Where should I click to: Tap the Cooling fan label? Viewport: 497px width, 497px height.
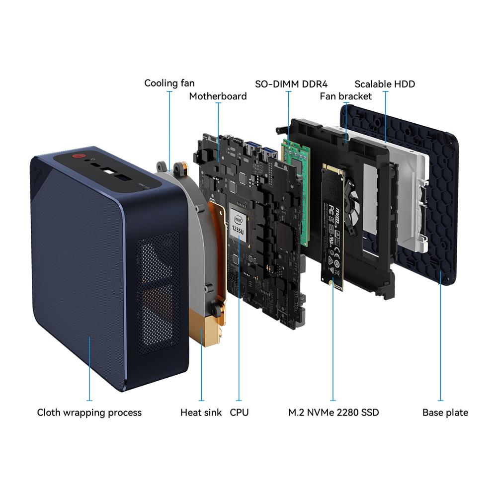pos(169,83)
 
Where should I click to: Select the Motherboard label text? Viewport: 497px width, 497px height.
pos(218,96)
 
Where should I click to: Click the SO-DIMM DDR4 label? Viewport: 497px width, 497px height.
pos(291,84)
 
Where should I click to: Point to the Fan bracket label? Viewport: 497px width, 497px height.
pos(345,96)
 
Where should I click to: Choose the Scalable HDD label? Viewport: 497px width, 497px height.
pos(385,84)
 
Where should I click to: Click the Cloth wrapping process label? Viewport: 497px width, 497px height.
pos(89,413)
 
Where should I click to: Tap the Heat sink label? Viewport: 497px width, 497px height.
pos(201,413)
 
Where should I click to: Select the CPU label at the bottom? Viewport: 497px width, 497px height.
pos(240,413)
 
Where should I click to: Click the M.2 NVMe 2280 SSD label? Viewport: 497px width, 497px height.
pos(333,413)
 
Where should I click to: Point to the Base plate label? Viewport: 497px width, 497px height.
pos(445,413)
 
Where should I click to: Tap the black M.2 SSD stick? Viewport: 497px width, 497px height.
pos(332,227)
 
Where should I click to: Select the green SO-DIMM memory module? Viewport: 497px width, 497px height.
pos(295,190)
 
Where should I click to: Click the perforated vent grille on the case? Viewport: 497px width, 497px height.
pos(159,293)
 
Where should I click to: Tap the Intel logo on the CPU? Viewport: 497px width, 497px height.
pos(239,220)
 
